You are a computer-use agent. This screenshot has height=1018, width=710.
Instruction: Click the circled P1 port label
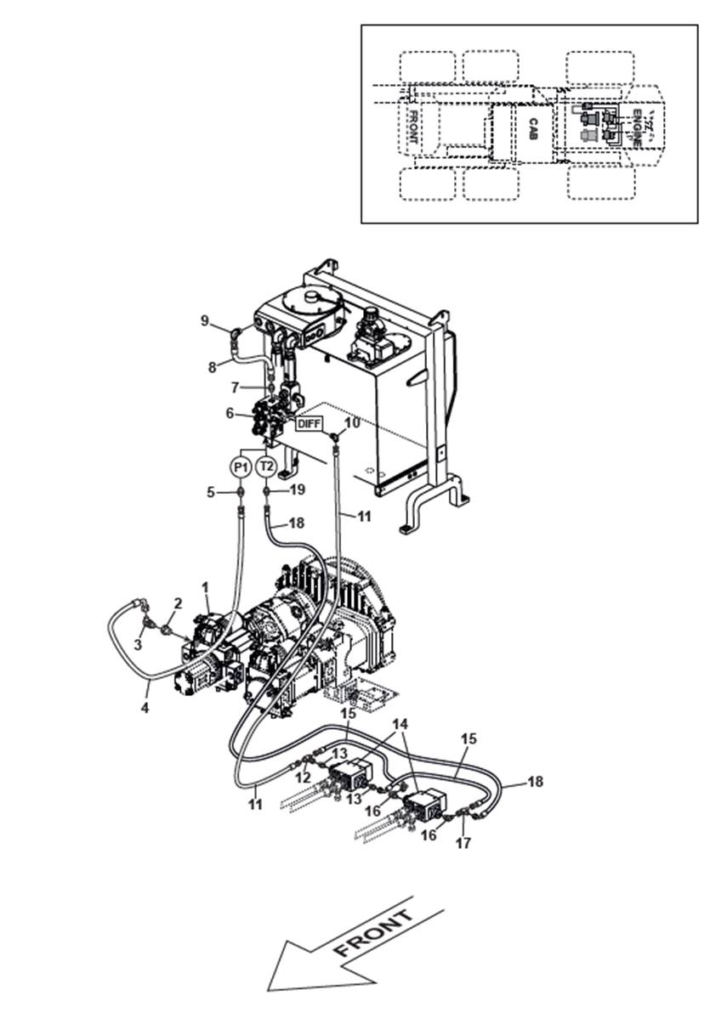pyautogui.click(x=240, y=467)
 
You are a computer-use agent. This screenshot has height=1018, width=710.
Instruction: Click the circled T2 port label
pyautogui.click(x=266, y=467)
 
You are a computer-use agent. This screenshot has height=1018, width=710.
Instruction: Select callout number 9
pyautogui.click(x=205, y=320)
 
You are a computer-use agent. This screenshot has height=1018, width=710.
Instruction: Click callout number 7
pyautogui.click(x=235, y=387)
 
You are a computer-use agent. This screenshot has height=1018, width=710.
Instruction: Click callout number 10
pyautogui.click(x=352, y=422)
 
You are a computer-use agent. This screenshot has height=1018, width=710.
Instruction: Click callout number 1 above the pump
pyautogui.click(x=205, y=586)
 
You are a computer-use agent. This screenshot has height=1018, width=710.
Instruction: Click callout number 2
pyautogui.click(x=177, y=603)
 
